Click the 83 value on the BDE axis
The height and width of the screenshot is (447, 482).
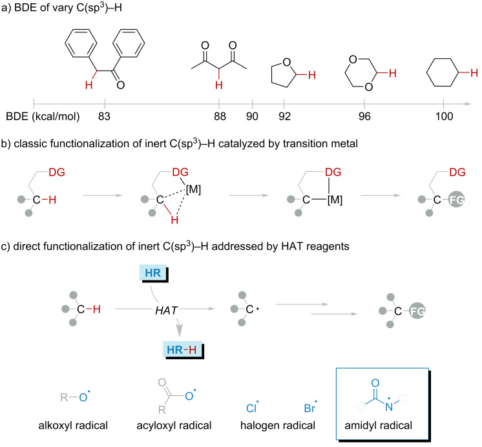click(x=105, y=117)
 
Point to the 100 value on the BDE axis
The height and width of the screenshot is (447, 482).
click(x=443, y=117)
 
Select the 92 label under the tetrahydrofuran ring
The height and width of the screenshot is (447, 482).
click(x=284, y=117)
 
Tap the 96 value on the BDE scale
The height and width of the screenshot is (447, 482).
click(x=364, y=117)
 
